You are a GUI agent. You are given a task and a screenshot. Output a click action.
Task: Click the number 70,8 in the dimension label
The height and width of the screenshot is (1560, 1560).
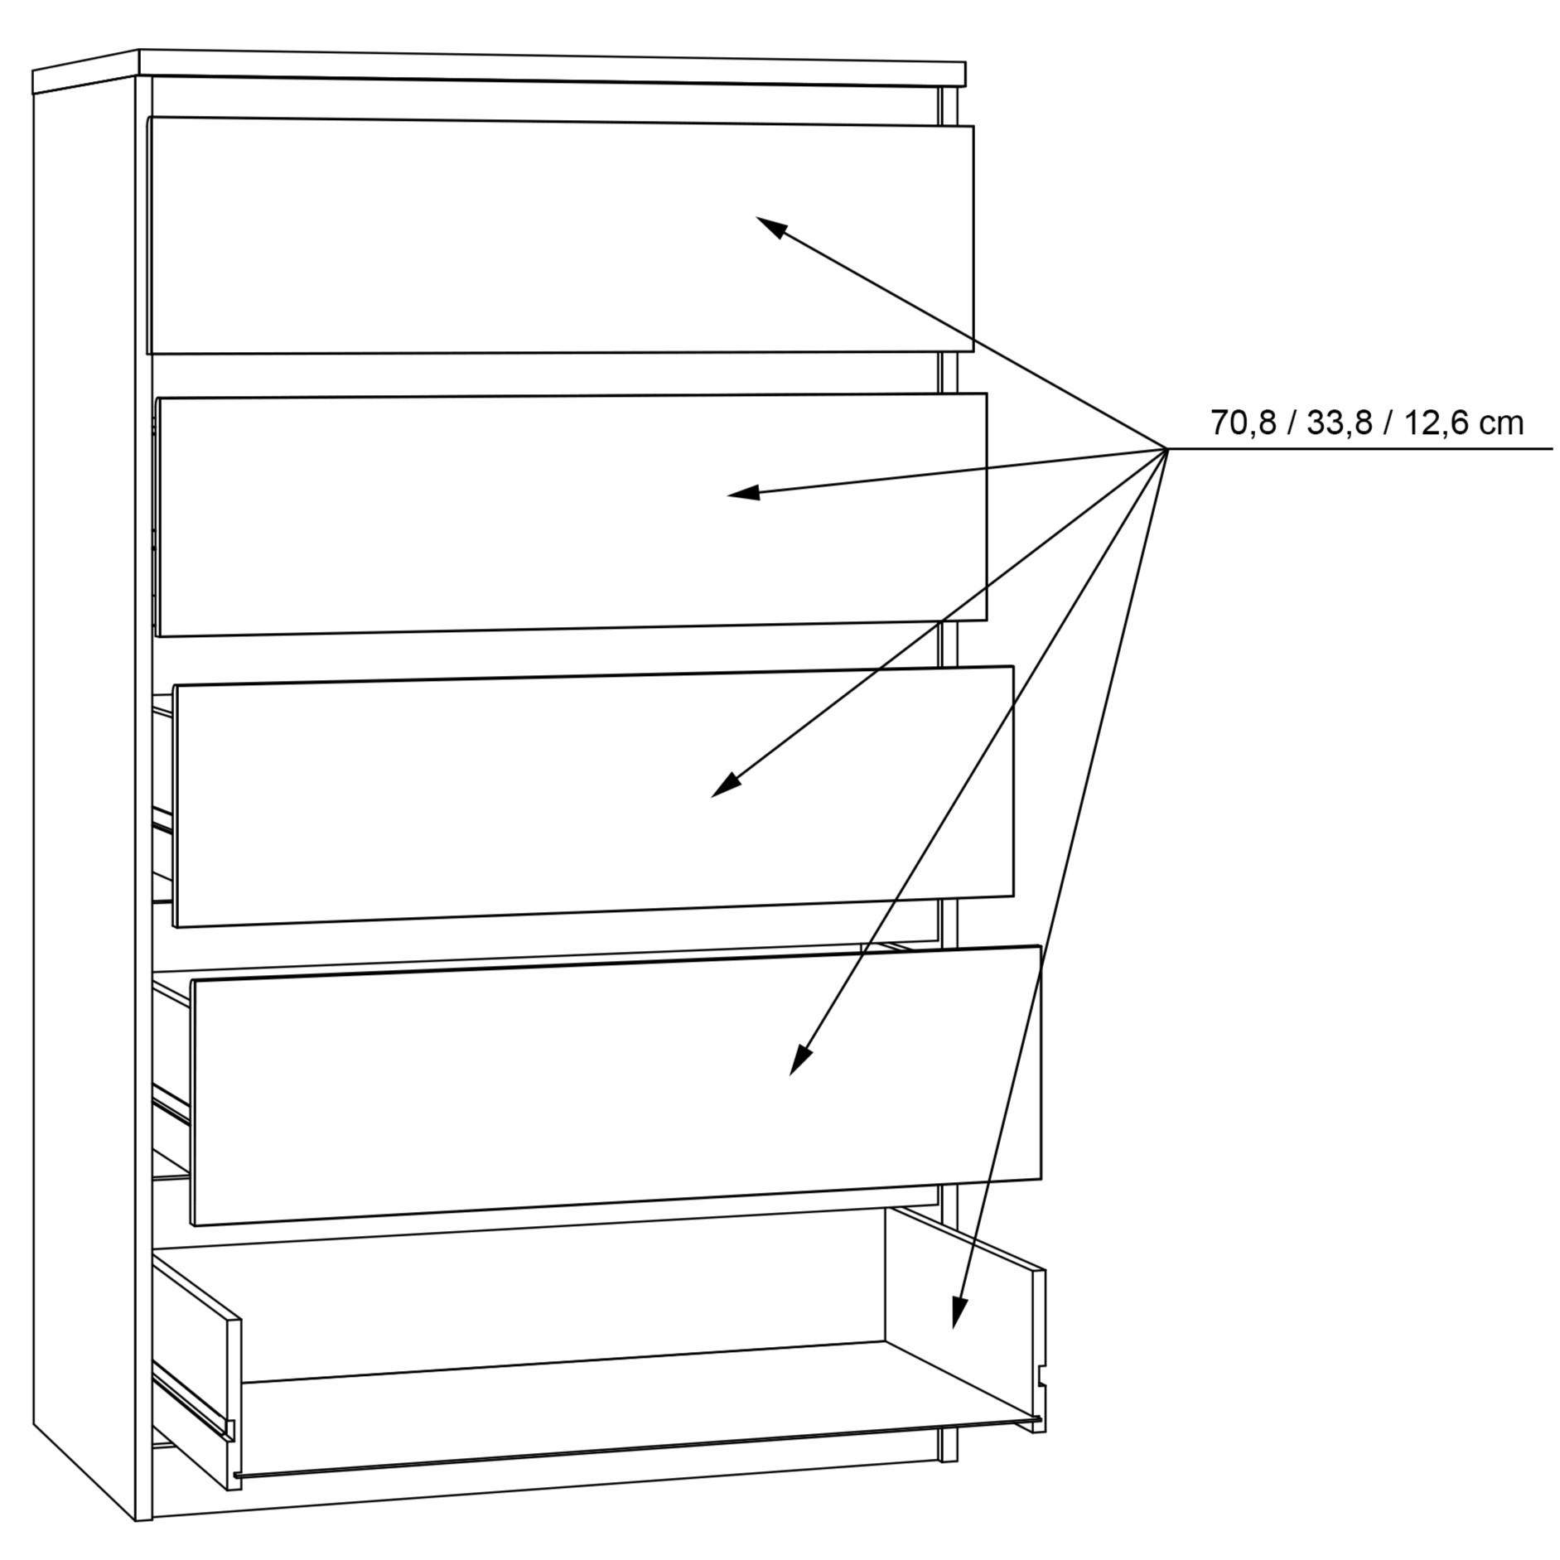point(1243,423)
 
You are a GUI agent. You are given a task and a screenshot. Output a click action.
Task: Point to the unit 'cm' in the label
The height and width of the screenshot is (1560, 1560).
point(1502,425)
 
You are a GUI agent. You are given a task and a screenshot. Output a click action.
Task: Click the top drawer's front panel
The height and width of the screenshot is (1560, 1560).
point(560,235)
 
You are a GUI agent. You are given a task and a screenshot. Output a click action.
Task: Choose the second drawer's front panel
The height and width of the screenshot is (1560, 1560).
point(572,514)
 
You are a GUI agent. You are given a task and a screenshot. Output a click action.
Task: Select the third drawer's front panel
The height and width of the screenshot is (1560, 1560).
point(593,796)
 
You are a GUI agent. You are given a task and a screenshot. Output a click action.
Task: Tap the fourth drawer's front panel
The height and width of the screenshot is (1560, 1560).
point(616,1084)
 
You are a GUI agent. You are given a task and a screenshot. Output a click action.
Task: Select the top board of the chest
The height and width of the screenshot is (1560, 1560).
point(499,68)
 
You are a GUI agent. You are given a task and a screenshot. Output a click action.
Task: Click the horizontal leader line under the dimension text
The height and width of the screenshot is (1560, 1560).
point(1360,449)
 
